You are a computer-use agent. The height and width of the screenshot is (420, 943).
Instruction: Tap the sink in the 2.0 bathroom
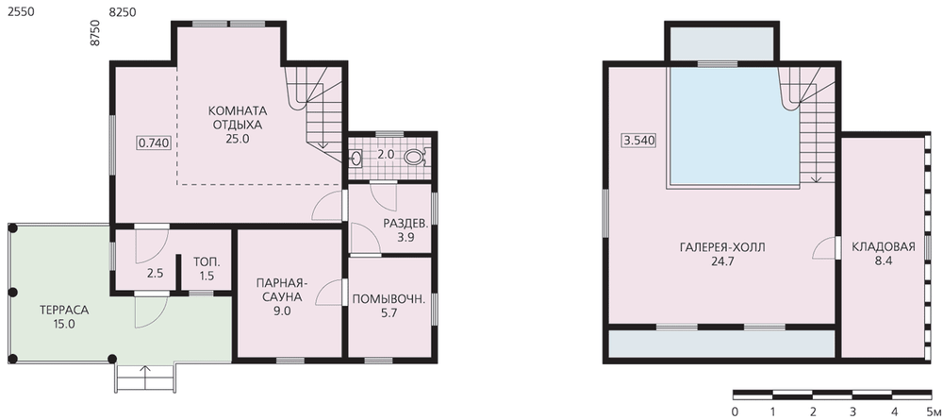pos(356,159)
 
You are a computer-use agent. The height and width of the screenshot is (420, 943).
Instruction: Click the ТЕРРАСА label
pos(64,311)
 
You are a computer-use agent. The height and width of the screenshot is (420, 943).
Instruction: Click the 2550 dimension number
pos(20,11)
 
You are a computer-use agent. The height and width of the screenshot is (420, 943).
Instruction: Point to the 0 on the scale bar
pos(735,412)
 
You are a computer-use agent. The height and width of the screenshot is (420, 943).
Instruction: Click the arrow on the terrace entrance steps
pos(145,376)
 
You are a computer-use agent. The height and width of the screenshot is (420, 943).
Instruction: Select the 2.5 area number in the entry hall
pos(156,273)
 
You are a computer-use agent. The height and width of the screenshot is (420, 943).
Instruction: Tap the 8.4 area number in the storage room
pos(884,261)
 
